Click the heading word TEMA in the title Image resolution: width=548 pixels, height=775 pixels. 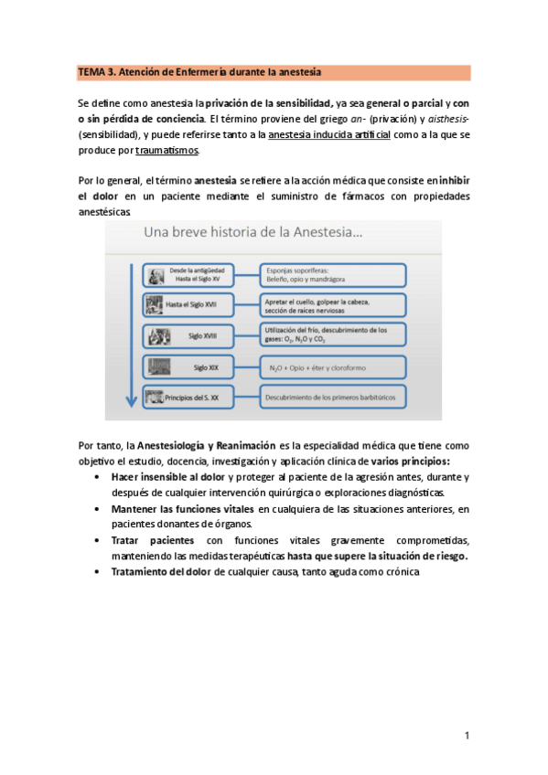[x=91, y=72]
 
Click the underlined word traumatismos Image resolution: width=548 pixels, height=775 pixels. [x=167, y=150]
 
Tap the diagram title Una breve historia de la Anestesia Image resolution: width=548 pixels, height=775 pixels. [x=253, y=233]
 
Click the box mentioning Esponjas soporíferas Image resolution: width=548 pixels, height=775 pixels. [x=333, y=274]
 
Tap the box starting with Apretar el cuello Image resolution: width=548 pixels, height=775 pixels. [x=333, y=303]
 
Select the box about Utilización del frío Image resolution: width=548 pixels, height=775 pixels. [x=333, y=334]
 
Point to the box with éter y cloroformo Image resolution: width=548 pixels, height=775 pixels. [x=333, y=366]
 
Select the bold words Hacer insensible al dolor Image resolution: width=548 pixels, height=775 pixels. [x=167, y=477]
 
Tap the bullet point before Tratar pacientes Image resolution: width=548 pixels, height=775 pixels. [x=98, y=540]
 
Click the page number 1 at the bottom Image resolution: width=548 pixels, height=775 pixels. [x=467, y=736]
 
